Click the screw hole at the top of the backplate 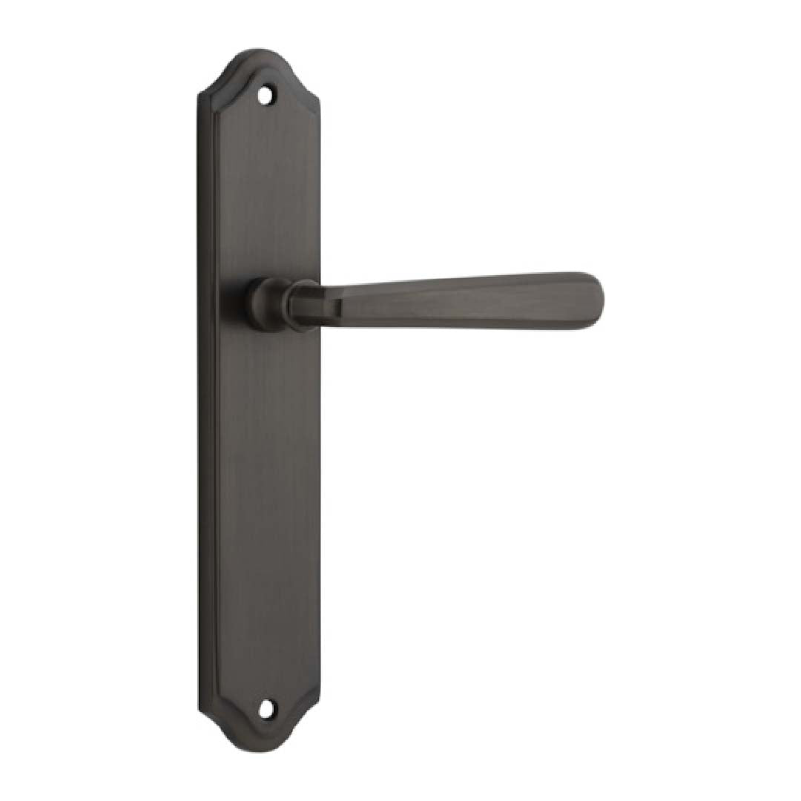tap(263, 94)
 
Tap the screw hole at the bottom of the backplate tap(265, 709)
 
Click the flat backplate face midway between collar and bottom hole tap(265, 512)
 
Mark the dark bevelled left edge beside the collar tap(207, 304)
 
